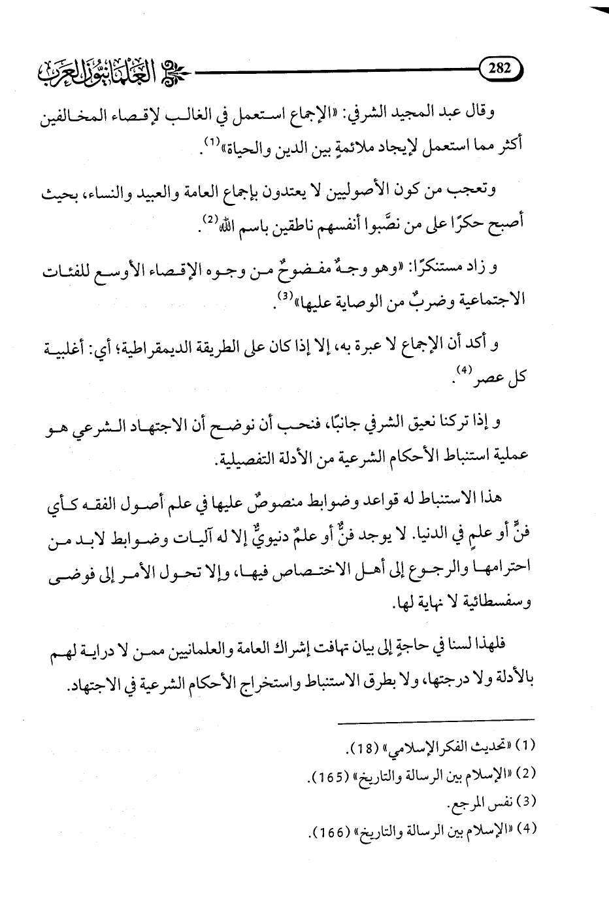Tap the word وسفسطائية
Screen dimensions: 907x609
(506, 605)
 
